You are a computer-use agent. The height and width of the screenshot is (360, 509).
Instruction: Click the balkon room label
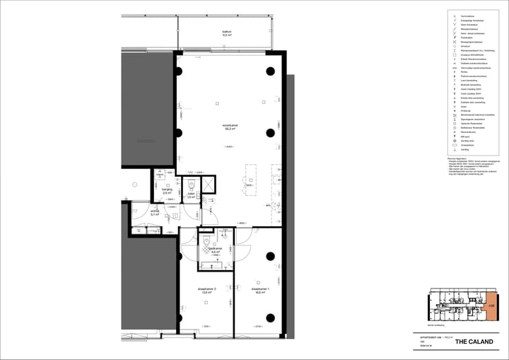(227, 32)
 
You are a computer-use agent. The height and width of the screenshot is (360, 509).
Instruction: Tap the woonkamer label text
(230, 126)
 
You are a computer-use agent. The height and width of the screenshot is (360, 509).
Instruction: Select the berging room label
(167, 189)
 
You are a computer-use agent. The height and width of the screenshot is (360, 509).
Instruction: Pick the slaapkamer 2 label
(206, 288)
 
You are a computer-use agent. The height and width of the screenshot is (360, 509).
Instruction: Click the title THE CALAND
(470, 342)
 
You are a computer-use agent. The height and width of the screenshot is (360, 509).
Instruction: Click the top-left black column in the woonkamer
(178, 71)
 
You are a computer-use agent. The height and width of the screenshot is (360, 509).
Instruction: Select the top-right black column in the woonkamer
(270, 71)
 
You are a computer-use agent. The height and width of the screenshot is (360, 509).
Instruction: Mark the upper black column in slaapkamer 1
(270, 255)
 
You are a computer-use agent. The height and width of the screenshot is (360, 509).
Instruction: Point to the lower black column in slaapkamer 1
(270, 317)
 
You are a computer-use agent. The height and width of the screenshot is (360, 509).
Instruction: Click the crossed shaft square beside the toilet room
(210, 186)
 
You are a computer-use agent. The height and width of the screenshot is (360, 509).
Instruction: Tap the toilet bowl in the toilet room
(192, 185)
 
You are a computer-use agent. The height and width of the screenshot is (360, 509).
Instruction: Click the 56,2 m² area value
(230, 129)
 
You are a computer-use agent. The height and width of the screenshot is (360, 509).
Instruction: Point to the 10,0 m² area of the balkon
(227, 35)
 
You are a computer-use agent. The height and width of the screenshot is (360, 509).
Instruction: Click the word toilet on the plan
(191, 194)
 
